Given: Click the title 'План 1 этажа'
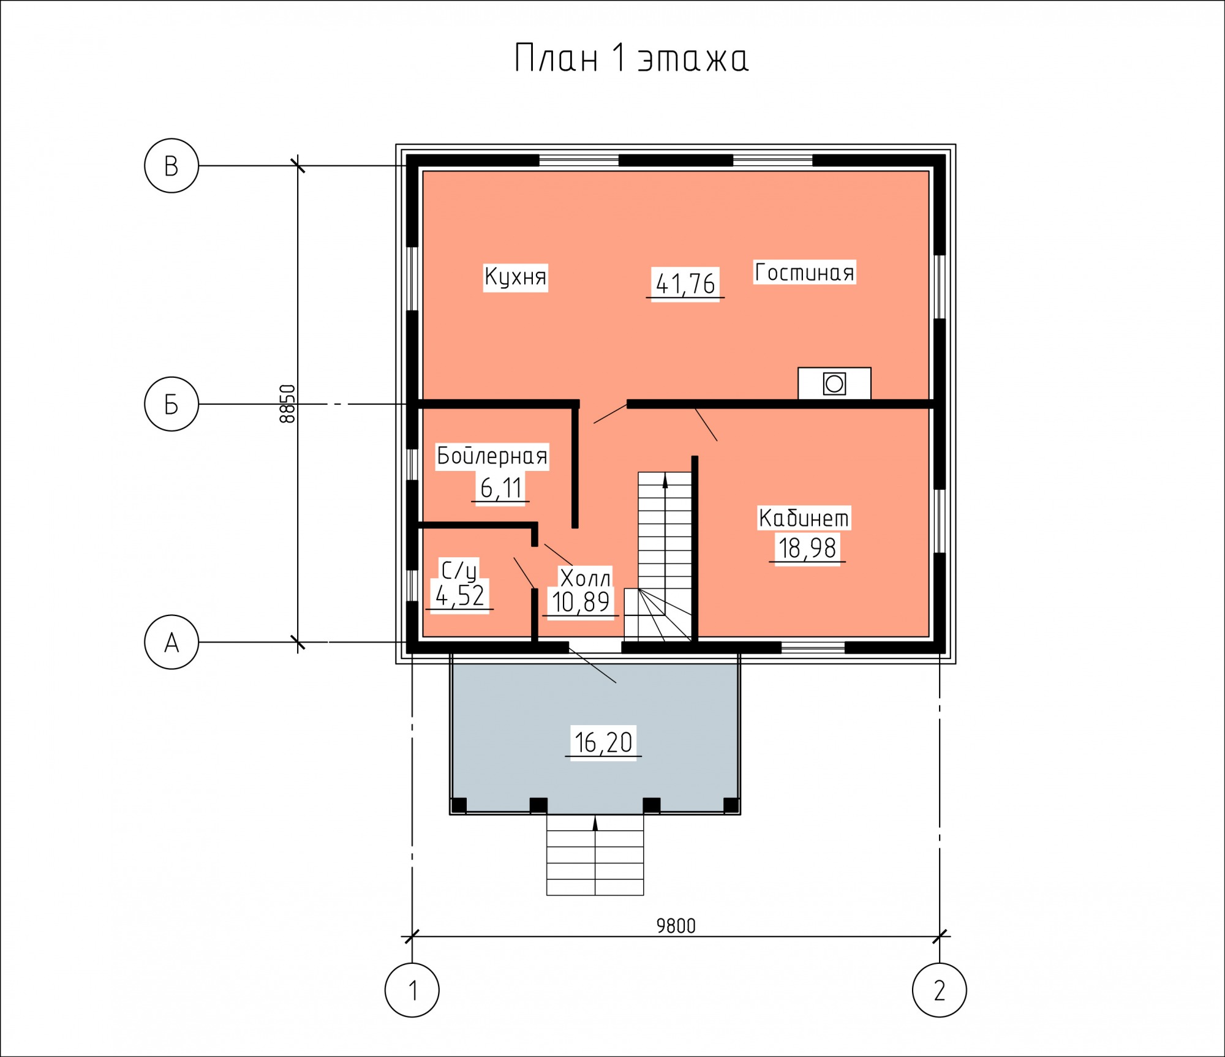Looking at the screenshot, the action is click(x=631, y=58).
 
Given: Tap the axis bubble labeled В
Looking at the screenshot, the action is click(x=171, y=166).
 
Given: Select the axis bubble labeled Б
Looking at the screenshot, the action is click(x=171, y=404).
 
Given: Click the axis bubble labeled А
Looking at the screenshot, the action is click(x=171, y=642).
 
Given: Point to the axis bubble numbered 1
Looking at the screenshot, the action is click(x=412, y=990).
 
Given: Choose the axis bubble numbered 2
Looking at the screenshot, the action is click(x=940, y=990).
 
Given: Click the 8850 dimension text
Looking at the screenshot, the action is click(x=287, y=404).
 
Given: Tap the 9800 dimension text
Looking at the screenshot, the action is click(x=676, y=926).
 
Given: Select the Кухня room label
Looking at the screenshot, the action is click(x=515, y=277).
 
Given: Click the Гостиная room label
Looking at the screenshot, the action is click(x=804, y=273).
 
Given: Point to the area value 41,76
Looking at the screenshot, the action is click(x=685, y=284).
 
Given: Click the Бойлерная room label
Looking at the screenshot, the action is click(x=492, y=456).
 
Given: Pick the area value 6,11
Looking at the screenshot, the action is click(x=501, y=488).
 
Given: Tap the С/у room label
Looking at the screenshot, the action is click(x=459, y=571).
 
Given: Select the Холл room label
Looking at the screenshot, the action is click(x=585, y=578).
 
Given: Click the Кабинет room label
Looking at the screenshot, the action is click(x=804, y=518).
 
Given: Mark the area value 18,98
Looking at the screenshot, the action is click(x=807, y=548).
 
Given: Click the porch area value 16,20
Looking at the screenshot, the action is click(x=603, y=743).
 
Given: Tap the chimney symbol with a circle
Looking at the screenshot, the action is click(x=834, y=384).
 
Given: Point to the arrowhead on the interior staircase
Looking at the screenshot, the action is click(x=665, y=482).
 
